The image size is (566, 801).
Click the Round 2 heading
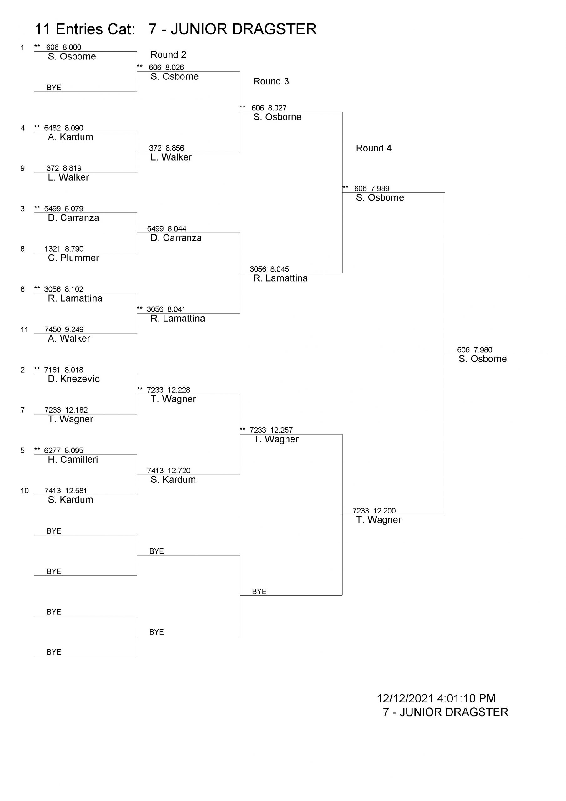tap(169, 55)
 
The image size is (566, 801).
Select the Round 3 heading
tap(271, 81)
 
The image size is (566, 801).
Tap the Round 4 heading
tap(373, 148)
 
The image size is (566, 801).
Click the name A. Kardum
tap(70, 137)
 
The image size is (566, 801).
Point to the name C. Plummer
tap(73, 258)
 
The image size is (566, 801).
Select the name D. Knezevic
tap(74, 379)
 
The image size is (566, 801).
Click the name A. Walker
tap(69, 339)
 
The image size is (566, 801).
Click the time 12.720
tap(179, 471)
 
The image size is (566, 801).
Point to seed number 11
tap(24, 329)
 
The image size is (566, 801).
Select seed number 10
tap(24, 491)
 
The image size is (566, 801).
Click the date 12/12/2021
tap(405, 698)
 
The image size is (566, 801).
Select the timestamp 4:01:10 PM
tap(466, 698)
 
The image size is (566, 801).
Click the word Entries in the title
tap(95, 29)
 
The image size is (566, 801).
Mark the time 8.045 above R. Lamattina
tap(280, 269)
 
